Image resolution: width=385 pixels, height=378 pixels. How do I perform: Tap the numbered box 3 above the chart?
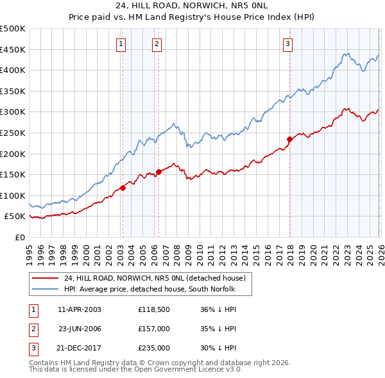pyautogui.click(x=288, y=44)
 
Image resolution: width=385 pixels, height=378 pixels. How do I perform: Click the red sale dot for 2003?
pyautogui.click(x=123, y=188)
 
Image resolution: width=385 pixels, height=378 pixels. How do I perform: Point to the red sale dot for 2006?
pyautogui.click(x=158, y=172)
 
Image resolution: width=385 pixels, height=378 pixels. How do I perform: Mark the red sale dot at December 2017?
pyautogui.click(x=289, y=139)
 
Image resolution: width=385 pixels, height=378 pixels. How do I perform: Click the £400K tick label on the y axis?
pyautogui.click(x=13, y=70)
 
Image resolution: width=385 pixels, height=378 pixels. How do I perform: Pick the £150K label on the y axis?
pyautogui.click(x=13, y=174)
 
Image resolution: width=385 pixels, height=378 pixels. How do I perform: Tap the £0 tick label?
pyautogui.click(x=19, y=237)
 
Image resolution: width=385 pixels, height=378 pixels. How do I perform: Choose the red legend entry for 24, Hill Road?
pyautogui.click(x=155, y=278)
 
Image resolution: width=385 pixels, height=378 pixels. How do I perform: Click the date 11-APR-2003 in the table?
pyautogui.click(x=80, y=309)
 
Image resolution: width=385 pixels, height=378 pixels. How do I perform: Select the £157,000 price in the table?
pyautogui.click(x=153, y=329)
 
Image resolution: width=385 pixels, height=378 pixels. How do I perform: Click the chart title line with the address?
pyautogui.click(x=193, y=7)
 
